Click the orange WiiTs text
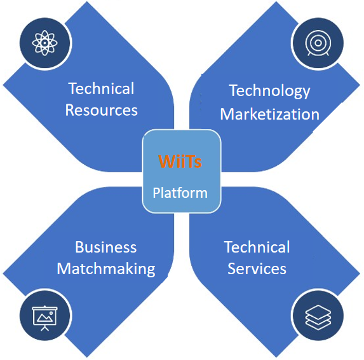pyautogui.click(x=180, y=161)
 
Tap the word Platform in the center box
pyautogui.click(x=180, y=193)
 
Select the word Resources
pyautogui.click(x=102, y=110)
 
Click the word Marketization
pyautogui.click(x=270, y=114)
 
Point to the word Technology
pyautogui.click(x=269, y=91)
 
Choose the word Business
pyautogui.click(x=106, y=247)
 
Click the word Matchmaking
pyautogui.click(x=106, y=269)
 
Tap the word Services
pyautogui.click(x=257, y=268)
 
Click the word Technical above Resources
pyautogui.click(x=102, y=88)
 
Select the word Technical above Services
pyautogui.click(x=257, y=247)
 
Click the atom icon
pyautogui.click(x=44, y=43)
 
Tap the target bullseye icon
pyautogui.click(x=318, y=43)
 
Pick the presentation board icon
pyautogui.click(x=44, y=318)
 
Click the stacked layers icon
pyautogui.click(x=318, y=317)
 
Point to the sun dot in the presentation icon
pyautogui.click(x=51, y=314)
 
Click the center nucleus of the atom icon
pyautogui.click(x=44, y=43)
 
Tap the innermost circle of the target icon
pyautogui.click(x=318, y=43)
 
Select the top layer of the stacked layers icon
pyautogui.click(x=318, y=312)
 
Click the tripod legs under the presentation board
pyautogui.click(x=45, y=328)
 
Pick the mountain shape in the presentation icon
pyautogui.click(x=44, y=318)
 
